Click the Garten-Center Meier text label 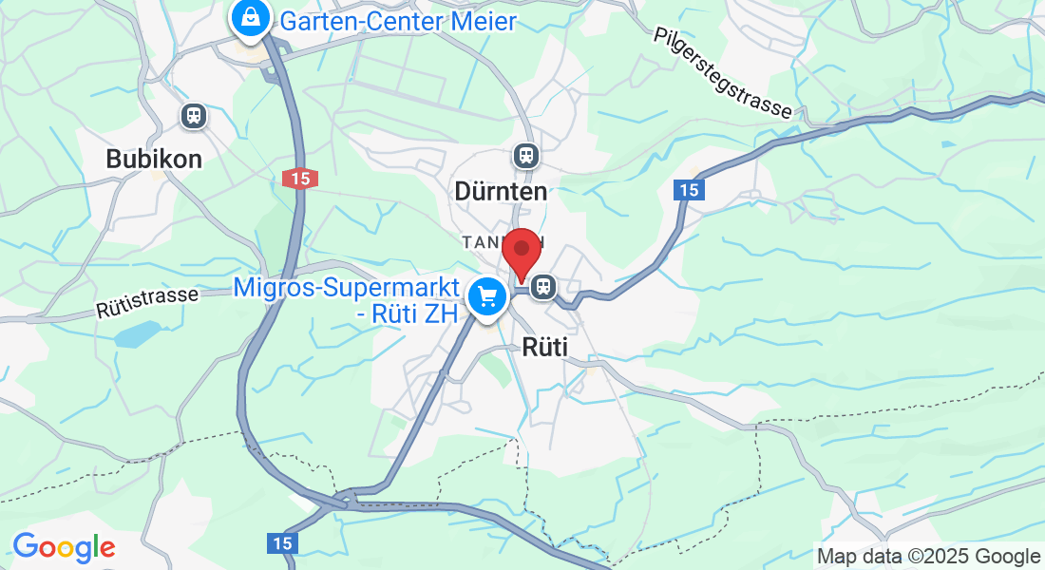click(398, 21)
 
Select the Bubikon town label click(154, 159)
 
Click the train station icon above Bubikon click(194, 116)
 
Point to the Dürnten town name click(501, 191)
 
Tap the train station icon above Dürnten click(525, 155)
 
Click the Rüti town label click(545, 348)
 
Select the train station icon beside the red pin click(544, 285)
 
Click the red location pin click(521, 252)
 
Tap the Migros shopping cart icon click(488, 297)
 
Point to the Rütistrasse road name click(146, 303)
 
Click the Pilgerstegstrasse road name click(723, 73)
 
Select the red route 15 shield click(300, 178)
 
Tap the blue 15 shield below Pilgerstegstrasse click(689, 190)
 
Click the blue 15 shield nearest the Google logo click(282, 542)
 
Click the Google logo click(64, 546)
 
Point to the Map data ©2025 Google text click(928, 556)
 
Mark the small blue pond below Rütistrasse click(137, 334)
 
